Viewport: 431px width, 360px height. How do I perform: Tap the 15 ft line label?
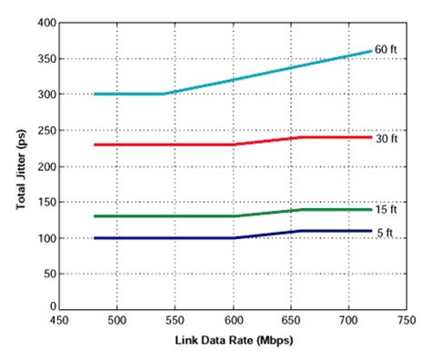[x=386, y=209]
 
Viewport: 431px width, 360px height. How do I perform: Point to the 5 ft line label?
[x=386, y=232]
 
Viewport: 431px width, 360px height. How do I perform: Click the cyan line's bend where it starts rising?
[x=163, y=94]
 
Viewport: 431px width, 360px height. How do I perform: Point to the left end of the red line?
[x=95, y=145]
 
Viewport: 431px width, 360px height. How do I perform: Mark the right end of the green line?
[x=371, y=209]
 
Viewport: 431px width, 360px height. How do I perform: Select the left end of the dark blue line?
[x=95, y=238]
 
